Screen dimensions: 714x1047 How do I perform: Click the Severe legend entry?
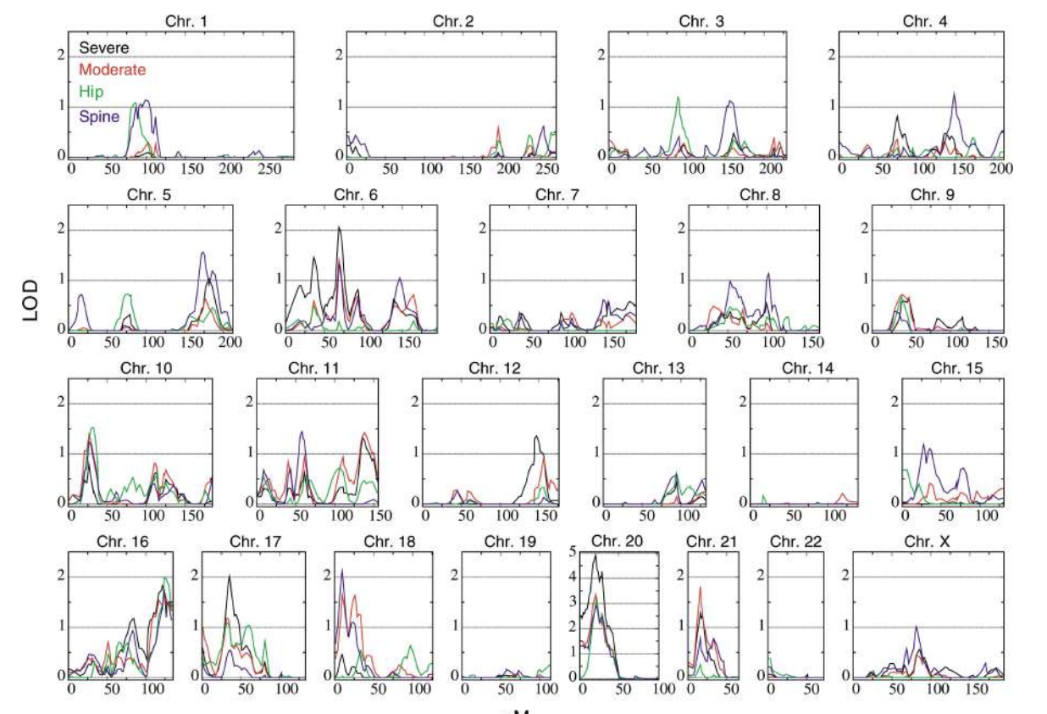coord(104,48)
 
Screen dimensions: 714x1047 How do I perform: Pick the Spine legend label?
coord(98,118)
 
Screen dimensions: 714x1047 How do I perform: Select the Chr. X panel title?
coord(927,540)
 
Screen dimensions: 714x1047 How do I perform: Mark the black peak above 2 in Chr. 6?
coord(339,227)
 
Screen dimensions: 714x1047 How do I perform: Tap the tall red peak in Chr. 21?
coord(700,587)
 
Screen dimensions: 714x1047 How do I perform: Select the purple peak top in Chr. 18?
coord(341,569)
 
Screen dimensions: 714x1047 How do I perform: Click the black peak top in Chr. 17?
coord(229,577)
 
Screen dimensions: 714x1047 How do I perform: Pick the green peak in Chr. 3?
coord(678,98)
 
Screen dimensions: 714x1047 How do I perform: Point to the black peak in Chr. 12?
coord(536,436)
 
